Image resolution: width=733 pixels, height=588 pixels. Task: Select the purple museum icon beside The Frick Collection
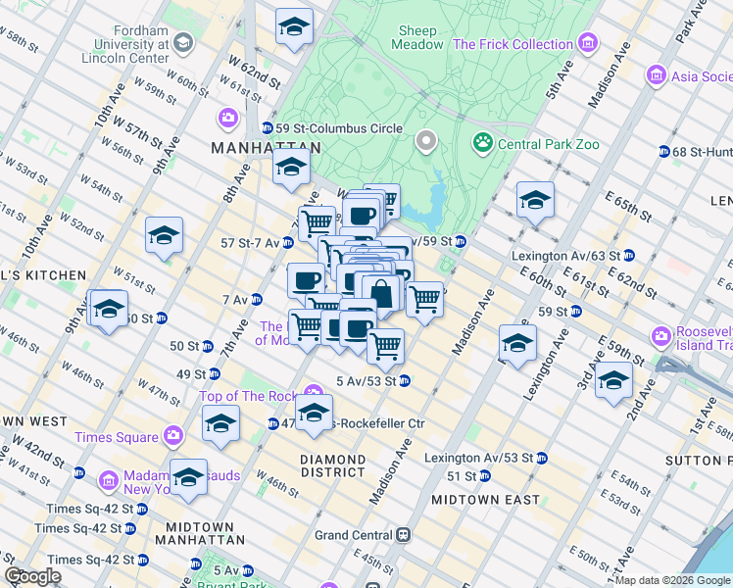[588, 44]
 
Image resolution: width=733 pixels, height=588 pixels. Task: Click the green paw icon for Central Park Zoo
[483, 144]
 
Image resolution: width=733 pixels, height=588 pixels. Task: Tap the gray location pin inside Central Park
[425, 142]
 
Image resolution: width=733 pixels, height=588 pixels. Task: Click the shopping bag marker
[381, 291]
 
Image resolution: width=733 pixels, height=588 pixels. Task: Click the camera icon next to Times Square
[173, 436]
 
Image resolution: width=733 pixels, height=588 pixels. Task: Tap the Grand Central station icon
[402, 536]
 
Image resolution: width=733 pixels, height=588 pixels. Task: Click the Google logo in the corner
[32, 576]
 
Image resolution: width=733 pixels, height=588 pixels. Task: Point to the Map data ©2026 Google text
[672, 580]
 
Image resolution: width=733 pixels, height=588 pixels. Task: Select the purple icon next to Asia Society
[657, 75]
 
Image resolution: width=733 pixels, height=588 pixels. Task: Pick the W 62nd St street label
[250, 73]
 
